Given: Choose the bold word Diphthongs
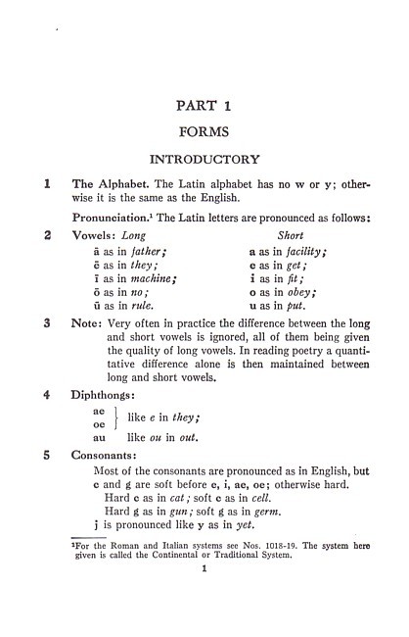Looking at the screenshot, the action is pos(105,397).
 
